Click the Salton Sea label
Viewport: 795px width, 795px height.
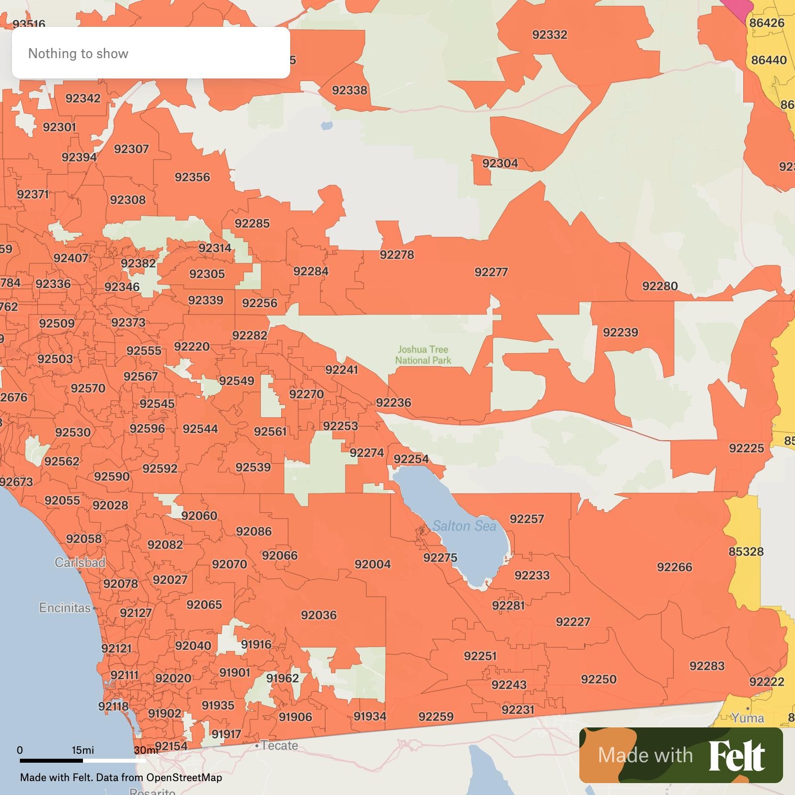pyautogui.click(x=464, y=526)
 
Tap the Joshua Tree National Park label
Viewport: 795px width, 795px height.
pyautogui.click(x=423, y=355)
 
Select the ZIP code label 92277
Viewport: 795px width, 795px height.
pyautogui.click(x=491, y=272)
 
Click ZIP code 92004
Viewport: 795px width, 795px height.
pyautogui.click(x=373, y=564)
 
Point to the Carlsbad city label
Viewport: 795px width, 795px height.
pyautogui.click(x=79, y=562)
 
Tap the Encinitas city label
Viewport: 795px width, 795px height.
pyautogui.click(x=65, y=608)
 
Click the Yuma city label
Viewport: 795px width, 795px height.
pyautogui.click(x=748, y=718)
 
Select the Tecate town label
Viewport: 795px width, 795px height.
pyautogui.click(x=279, y=745)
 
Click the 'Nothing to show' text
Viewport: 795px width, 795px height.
pyautogui.click(x=78, y=53)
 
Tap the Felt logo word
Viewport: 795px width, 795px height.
pyautogui.click(x=736, y=756)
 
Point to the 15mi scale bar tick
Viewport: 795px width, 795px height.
pyautogui.click(x=82, y=750)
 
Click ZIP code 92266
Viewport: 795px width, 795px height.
pyautogui.click(x=674, y=567)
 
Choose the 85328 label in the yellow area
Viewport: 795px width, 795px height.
pyautogui.click(x=746, y=552)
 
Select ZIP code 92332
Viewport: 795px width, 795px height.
pyautogui.click(x=550, y=35)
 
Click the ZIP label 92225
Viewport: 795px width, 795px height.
pyautogui.click(x=746, y=448)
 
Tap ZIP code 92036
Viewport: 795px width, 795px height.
pyautogui.click(x=318, y=615)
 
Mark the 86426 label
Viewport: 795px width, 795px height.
pyautogui.click(x=767, y=23)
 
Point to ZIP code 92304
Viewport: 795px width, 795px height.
pyautogui.click(x=500, y=163)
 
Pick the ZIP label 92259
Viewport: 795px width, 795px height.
pyautogui.click(x=436, y=716)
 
